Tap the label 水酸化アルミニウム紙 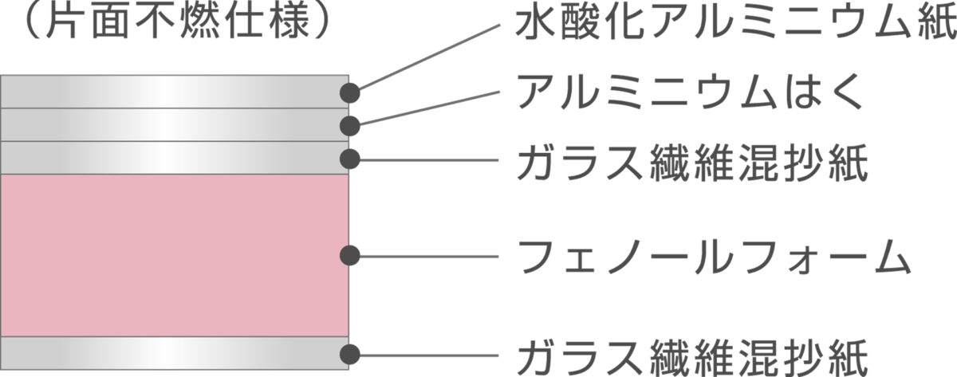click(x=735, y=22)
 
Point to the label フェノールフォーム click(x=714, y=257)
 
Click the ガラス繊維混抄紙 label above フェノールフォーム click(x=692, y=163)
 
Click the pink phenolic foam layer click(x=175, y=255)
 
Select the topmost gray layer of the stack click(x=175, y=92)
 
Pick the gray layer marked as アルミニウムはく click(x=175, y=124)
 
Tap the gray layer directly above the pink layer click(x=175, y=158)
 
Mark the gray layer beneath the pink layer click(x=175, y=353)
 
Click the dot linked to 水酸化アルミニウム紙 click(x=350, y=93)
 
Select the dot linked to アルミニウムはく click(x=350, y=126)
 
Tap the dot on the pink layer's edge click(x=350, y=256)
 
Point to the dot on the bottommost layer click(x=350, y=355)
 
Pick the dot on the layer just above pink click(x=350, y=159)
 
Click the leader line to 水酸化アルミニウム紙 click(x=428, y=57)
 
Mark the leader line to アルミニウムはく click(x=429, y=108)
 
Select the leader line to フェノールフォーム click(x=428, y=257)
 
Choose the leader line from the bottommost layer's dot click(x=428, y=355)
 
